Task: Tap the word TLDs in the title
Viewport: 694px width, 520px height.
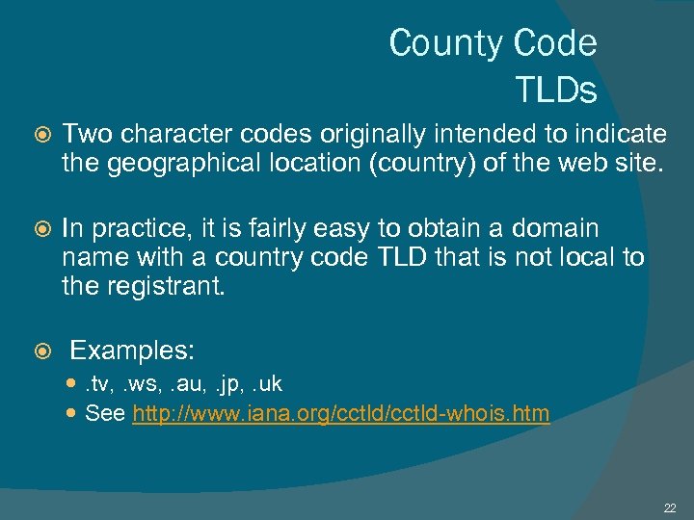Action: coord(556,90)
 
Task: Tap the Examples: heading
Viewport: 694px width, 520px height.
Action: coord(133,349)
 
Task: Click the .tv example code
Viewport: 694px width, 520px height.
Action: coord(96,383)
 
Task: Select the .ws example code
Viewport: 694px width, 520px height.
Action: coord(142,383)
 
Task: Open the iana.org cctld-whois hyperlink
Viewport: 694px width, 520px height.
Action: coord(340,414)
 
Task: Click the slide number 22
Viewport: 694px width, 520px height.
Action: coord(670,507)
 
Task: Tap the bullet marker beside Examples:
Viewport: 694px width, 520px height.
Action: coord(40,350)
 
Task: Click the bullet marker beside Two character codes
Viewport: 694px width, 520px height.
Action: coord(40,135)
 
